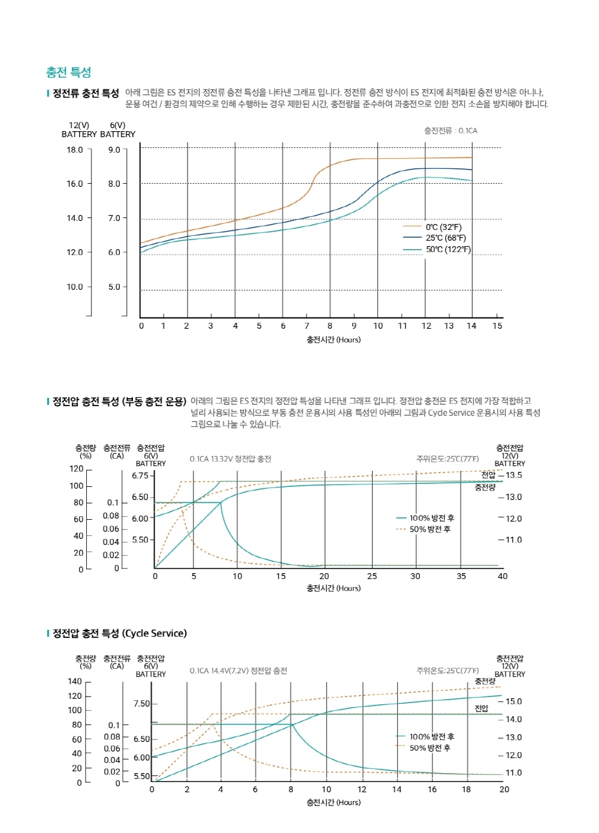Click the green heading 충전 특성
coord(68,72)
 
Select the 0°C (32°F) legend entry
coord(443,227)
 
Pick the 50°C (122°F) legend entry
coord(447,250)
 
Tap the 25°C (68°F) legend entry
coord(445,238)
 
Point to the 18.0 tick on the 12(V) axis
coord(75,150)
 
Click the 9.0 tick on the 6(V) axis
coord(114,150)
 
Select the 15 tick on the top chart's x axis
coord(497,326)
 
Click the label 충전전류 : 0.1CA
coord(450,131)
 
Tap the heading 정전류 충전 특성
coord(86,93)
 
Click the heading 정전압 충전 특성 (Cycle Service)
coord(119,634)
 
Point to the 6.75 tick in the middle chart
coord(140,475)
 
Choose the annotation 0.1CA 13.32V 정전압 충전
coord(231,459)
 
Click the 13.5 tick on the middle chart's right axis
coord(513,475)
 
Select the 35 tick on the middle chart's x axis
coord(461,576)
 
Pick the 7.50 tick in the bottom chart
coord(142,704)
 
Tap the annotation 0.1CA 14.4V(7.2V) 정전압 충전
coord(238,671)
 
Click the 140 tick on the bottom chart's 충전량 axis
coord(75,681)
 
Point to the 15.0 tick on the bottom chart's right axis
coord(513,701)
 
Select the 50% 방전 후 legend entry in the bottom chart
coord(429,748)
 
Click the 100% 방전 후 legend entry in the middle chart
coord(431,518)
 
